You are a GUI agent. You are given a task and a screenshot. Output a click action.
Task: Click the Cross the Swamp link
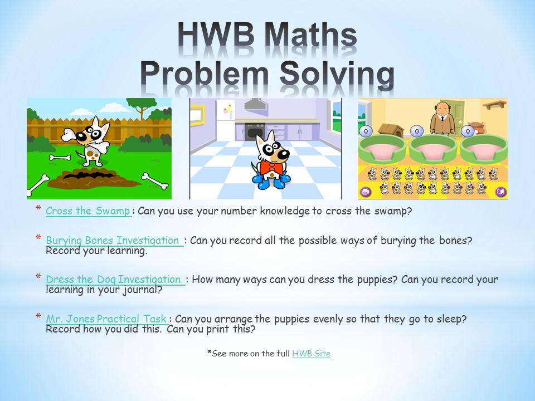click(x=88, y=211)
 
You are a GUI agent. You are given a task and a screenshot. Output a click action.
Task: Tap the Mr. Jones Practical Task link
click(x=106, y=319)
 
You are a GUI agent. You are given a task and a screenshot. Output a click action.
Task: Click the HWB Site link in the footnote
click(x=311, y=354)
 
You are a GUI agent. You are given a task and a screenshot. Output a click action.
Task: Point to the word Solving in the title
click(x=337, y=75)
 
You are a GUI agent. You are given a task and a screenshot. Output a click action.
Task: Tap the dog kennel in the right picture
click(x=391, y=130)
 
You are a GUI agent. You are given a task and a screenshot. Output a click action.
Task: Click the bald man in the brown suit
click(x=442, y=118)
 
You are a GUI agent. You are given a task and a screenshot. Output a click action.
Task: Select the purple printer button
click(x=366, y=192)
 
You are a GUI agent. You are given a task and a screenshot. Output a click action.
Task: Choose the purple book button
click(x=500, y=192)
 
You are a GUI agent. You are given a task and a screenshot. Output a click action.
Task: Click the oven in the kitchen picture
click(x=255, y=132)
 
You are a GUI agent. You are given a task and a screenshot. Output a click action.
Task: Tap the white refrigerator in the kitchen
click(x=225, y=121)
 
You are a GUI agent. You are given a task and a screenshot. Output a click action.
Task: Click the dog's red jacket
click(x=272, y=168)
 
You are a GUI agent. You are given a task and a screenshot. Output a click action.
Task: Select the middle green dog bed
click(x=433, y=149)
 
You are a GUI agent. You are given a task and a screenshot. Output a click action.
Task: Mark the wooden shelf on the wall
click(x=494, y=104)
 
